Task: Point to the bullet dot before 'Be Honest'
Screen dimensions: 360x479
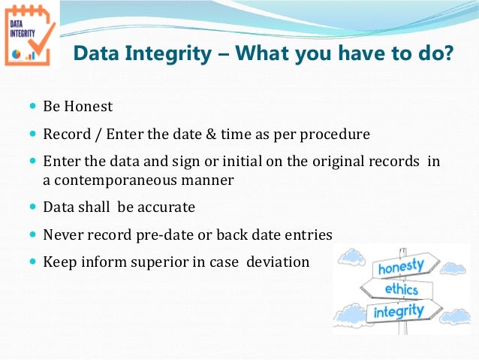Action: point(32,107)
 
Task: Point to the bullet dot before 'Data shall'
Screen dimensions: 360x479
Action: point(32,207)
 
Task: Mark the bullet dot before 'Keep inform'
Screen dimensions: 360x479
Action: point(32,262)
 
